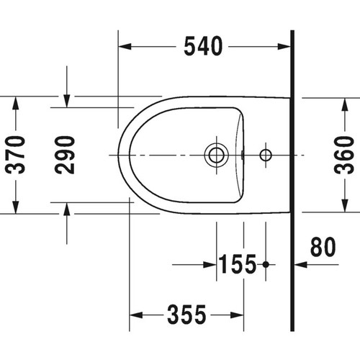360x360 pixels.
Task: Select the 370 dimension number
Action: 16,154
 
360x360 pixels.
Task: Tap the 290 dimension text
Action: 66,154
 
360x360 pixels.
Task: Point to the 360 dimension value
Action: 347,154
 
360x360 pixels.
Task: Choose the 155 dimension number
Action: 237,265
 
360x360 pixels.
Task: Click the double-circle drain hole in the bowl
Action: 215,154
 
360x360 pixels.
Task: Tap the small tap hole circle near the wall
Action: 265,154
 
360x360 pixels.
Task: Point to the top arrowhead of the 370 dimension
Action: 16,102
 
